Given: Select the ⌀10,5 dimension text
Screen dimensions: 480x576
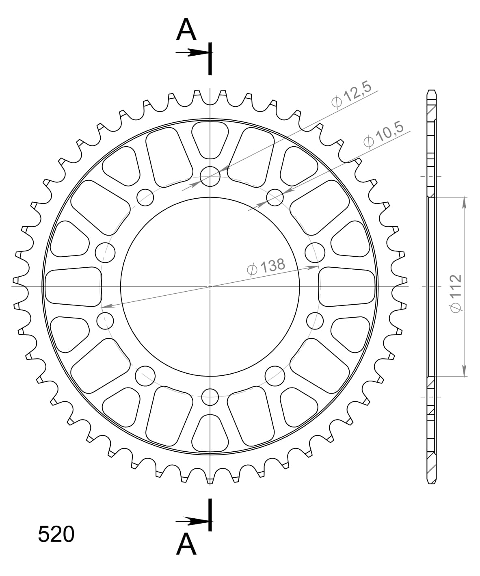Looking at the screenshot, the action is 383,134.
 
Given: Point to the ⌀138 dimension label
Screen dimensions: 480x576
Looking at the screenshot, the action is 266,267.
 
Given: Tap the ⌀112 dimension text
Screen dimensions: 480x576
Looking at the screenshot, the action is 456,294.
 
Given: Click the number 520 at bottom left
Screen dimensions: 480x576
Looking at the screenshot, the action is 56,535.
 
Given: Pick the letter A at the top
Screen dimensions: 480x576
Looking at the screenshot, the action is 186,30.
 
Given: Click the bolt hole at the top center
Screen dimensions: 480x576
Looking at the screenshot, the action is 210,177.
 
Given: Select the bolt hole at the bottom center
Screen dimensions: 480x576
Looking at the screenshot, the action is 210,397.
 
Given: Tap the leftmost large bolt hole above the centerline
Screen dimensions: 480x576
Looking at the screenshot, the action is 105,253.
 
